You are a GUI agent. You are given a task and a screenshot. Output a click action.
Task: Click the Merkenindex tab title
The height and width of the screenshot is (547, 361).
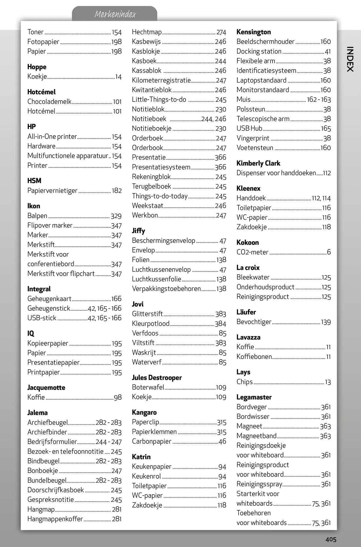tap(115, 14)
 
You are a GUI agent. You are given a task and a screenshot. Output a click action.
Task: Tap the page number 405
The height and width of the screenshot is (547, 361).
tap(330, 539)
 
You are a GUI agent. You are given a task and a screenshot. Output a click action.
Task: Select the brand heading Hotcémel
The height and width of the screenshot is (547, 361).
tap(42, 92)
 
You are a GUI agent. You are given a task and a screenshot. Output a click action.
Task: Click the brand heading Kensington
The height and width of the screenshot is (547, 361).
tap(253, 32)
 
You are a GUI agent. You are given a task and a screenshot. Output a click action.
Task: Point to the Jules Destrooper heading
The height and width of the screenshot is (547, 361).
tap(156, 378)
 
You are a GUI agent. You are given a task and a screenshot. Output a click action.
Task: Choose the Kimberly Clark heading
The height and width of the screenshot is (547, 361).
tap(258, 163)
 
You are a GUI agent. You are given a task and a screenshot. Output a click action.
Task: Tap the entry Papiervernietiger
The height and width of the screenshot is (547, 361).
tap(52, 191)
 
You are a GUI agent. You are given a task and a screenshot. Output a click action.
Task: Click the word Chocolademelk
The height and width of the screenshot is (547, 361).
tap(49, 102)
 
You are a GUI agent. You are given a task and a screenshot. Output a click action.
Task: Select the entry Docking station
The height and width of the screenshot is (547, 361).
tap(259, 51)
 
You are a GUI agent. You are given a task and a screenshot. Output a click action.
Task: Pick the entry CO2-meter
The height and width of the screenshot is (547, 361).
tap(252, 252)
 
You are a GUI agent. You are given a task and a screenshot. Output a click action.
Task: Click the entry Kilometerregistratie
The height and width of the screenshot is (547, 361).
tap(161, 80)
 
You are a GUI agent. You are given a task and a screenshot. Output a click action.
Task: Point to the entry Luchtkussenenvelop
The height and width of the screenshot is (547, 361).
tap(161, 270)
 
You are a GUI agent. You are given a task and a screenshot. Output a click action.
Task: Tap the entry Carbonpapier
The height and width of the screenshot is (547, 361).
tap(151, 442)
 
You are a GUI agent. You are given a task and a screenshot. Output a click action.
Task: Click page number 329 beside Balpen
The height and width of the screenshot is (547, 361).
tap(116, 216)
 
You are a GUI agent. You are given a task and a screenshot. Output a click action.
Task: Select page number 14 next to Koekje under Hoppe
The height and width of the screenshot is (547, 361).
tap(119, 77)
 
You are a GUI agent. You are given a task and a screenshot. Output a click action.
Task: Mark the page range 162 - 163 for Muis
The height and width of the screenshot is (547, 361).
tap(319, 99)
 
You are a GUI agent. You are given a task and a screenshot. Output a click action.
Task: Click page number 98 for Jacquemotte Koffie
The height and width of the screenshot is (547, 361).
tap(118, 398)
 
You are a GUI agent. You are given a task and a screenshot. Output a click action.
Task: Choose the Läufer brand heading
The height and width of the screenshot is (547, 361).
tap(246, 312)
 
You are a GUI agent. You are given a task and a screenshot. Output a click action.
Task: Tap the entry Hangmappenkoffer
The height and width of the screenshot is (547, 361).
tap(55, 519)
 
